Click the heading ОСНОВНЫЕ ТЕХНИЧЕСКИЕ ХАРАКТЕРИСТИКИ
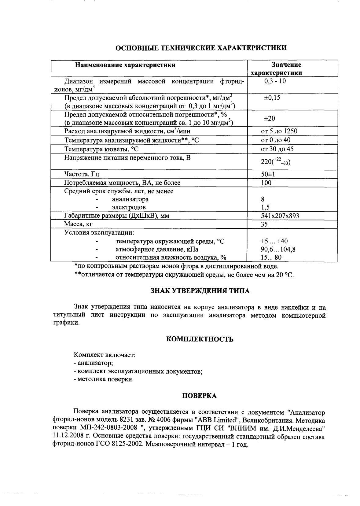[201, 48]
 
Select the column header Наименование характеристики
[125, 65]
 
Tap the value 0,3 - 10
[275, 81]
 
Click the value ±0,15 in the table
[272, 98]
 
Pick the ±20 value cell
[269, 119]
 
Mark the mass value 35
[264, 224]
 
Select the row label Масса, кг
[78, 224]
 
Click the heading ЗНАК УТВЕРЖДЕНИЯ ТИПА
[200, 291]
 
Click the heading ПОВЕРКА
[199, 396]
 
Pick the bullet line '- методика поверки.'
[104, 379]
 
